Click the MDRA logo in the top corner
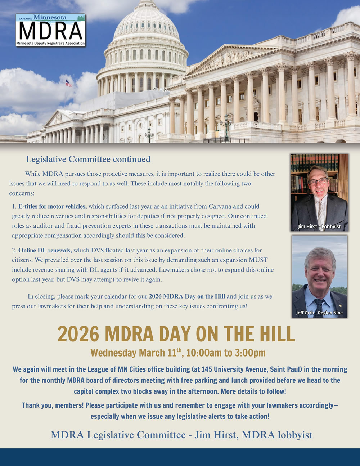[x=50, y=30]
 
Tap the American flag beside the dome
[x=68, y=83]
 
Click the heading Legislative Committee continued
[x=88, y=159]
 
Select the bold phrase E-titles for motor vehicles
[x=53, y=206]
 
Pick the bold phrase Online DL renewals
[x=45, y=250]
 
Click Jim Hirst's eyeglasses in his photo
[x=318, y=181]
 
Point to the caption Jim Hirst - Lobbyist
[x=319, y=227]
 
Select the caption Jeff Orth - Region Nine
[x=319, y=313]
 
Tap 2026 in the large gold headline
[x=78, y=334]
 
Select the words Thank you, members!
[x=53, y=405]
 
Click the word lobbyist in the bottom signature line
[x=295, y=435]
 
